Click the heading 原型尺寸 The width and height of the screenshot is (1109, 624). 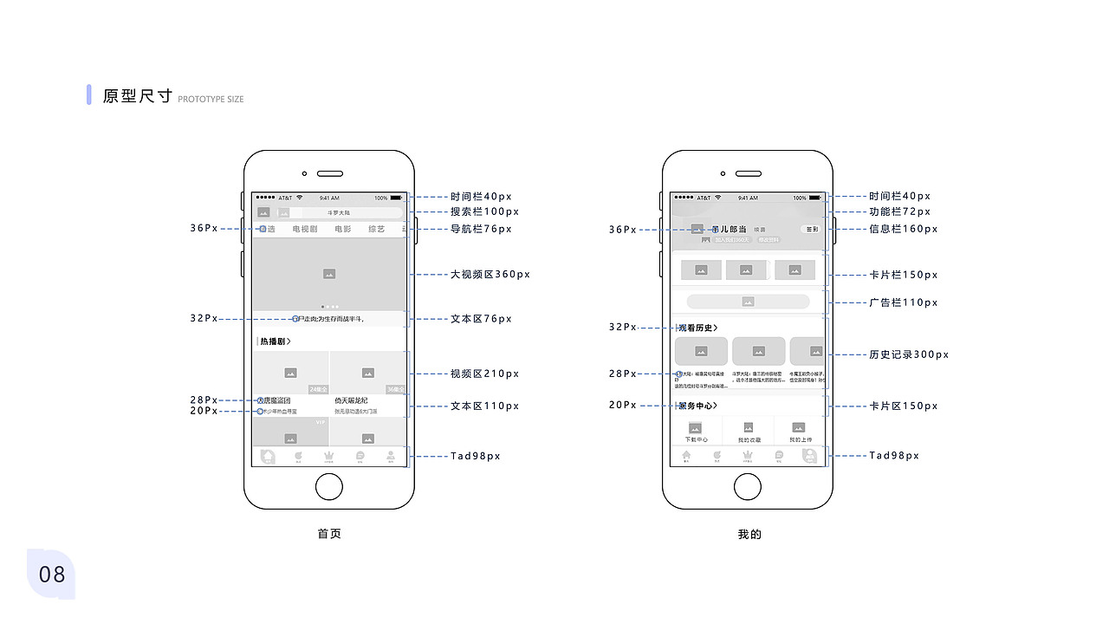137,96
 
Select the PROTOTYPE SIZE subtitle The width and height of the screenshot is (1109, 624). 211,100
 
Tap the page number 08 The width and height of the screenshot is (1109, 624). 52,574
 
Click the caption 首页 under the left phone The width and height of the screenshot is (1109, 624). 329,534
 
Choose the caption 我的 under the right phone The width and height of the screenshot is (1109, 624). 749,535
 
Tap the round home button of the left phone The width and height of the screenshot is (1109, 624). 329,487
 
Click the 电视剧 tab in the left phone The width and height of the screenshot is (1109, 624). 304,230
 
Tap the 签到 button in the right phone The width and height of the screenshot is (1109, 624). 812,230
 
